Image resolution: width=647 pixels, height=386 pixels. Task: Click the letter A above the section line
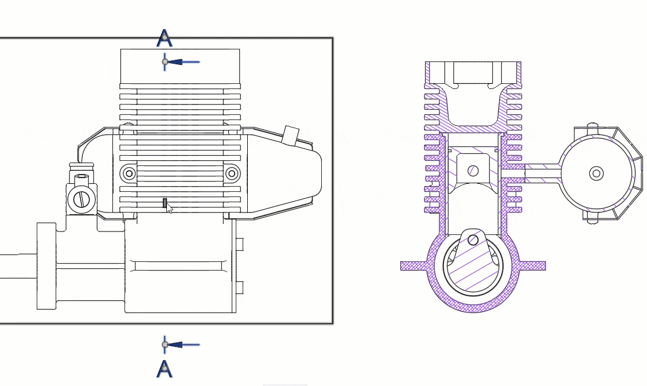[165, 39]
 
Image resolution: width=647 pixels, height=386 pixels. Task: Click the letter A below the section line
[165, 368]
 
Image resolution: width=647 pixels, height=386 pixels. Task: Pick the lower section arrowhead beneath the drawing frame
[176, 345]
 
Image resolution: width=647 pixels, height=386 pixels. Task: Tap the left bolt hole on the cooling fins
[128, 173]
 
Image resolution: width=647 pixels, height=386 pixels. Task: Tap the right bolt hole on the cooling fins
[232, 173]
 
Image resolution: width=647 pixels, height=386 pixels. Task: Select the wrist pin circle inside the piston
[473, 171]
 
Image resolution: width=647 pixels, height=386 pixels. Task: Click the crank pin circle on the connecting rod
[473, 240]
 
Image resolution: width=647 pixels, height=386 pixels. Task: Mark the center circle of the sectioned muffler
[597, 173]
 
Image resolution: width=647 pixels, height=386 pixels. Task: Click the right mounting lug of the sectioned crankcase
[532, 266]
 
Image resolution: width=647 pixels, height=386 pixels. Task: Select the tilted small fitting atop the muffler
[291, 136]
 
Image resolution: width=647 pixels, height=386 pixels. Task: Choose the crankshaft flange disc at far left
[46, 266]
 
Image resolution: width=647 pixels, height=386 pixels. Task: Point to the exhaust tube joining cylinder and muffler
[542, 172]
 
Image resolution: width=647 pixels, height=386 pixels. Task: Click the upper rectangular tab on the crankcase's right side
[240, 245]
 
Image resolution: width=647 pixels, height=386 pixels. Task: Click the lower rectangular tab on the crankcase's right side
[240, 288]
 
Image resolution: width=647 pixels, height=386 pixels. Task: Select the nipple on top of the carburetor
[81, 168]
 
